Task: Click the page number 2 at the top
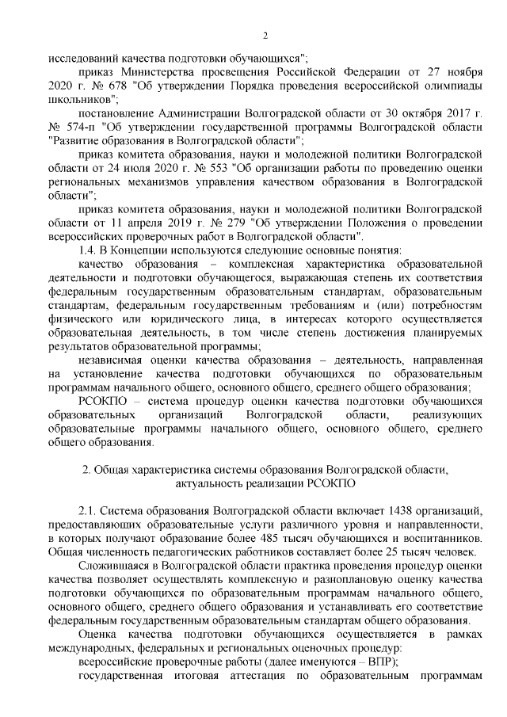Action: point(265,36)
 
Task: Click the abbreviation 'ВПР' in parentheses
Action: point(378,662)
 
